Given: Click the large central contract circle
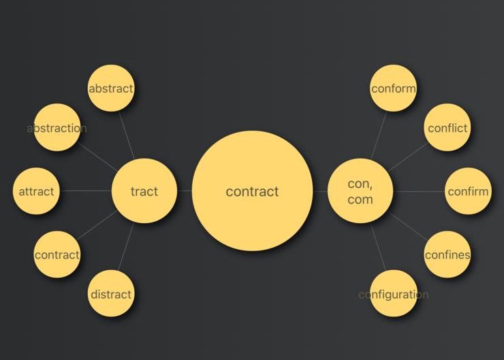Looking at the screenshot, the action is click(252, 191).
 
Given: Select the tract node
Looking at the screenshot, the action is click(144, 191).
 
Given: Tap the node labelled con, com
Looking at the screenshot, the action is click(360, 191).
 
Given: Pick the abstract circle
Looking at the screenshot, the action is click(111, 88).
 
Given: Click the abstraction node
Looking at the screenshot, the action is click(57, 127).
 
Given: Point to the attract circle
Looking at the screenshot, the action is click(36, 191).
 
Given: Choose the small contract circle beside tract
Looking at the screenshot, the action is click(57, 255).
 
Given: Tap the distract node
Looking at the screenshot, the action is click(111, 293).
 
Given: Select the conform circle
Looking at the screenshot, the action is click(394, 88).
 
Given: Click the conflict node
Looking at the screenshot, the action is click(447, 127).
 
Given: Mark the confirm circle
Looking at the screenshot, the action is click(468, 191).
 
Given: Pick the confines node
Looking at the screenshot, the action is click(447, 255).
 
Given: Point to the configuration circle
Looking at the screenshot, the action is click(394, 293).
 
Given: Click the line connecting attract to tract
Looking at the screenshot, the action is click(86, 191).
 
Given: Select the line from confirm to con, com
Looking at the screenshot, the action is click(419, 191).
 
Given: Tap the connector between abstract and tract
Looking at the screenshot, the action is click(127, 135).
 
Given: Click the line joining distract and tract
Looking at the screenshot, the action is click(126, 246).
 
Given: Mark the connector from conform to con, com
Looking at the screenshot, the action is click(379, 135).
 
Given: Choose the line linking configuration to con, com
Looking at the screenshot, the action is click(378, 247).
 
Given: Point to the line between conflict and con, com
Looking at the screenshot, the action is click(408, 157).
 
